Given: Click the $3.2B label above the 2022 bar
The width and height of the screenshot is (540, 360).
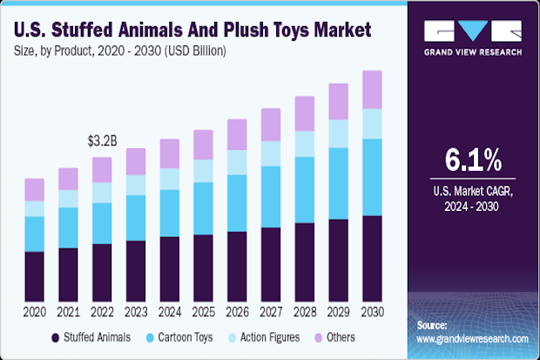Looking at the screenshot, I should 102,139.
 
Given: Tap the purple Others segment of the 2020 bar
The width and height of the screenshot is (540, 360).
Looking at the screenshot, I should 34,189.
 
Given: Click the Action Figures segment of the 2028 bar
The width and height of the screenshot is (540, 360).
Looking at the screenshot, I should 304,144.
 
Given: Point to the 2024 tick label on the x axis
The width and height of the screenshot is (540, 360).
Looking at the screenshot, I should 169,311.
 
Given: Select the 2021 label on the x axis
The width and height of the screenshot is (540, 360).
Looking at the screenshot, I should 68,311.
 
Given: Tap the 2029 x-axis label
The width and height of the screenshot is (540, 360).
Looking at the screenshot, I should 338,311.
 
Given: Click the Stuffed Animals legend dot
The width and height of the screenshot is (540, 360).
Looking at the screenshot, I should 56,336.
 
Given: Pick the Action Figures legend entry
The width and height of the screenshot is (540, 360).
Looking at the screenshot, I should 270,336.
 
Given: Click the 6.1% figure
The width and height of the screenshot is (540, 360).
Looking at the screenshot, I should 473,160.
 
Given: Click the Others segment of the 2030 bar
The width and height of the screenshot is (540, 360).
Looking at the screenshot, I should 372,90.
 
